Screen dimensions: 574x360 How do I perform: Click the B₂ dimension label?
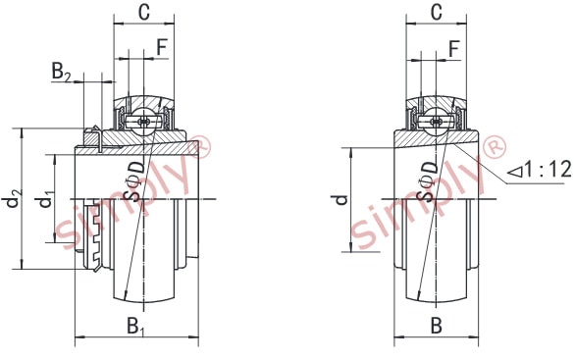point(61,72)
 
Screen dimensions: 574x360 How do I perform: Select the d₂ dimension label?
point(14,199)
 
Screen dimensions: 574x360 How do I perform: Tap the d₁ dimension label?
point(44,199)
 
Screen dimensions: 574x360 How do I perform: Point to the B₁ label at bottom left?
point(135,327)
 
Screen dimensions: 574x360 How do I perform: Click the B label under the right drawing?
point(436,326)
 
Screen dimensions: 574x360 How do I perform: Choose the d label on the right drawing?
point(341,200)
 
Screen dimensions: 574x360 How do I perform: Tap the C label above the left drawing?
point(144,12)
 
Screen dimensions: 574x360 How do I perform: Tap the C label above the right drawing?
point(437,12)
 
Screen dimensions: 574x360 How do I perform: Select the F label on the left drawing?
point(162,47)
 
